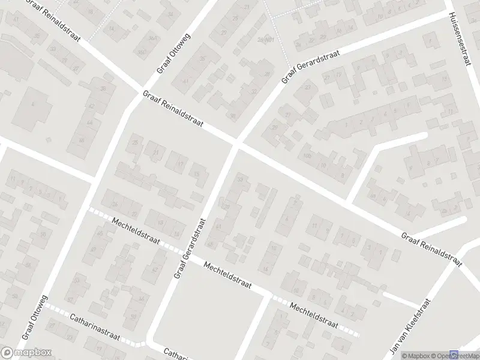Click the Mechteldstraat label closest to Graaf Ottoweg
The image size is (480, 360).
[136, 230]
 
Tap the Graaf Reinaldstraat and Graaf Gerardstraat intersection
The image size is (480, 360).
[237, 145]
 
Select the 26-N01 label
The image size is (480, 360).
[262, 40]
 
